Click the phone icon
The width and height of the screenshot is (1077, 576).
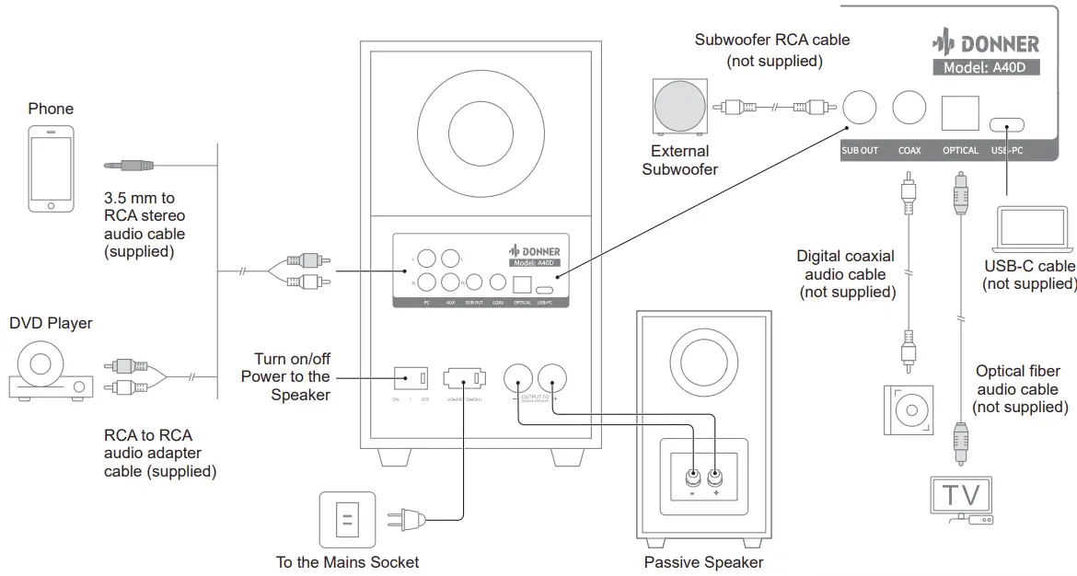tap(50, 169)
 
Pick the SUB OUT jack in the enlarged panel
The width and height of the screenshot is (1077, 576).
tap(860, 108)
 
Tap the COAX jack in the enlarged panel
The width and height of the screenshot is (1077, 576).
tap(909, 108)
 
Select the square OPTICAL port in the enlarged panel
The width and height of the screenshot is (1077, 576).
tap(959, 111)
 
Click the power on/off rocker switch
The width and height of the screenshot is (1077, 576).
tap(411, 377)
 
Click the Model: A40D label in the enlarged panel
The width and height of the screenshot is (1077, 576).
tap(986, 67)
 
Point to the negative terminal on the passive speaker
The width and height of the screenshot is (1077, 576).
tap(692, 478)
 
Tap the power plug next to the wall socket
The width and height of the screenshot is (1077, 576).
tap(406, 522)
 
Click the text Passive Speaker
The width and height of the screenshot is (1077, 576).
tap(703, 562)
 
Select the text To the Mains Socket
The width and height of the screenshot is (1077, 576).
tap(347, 561)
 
